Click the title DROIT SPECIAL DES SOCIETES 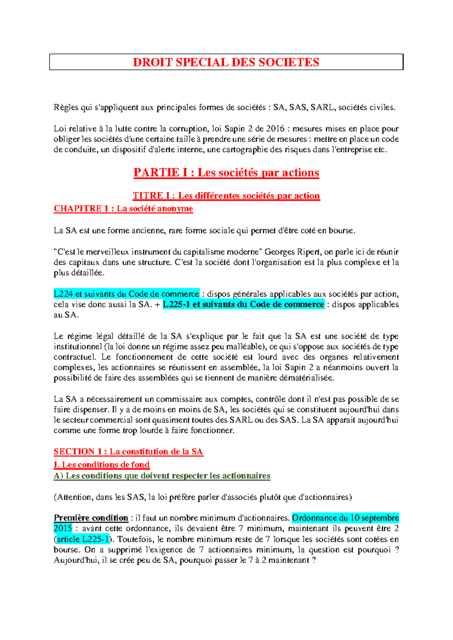coord(226,62)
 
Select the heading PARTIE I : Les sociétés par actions coord(226,173)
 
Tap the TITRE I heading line coord(226,196)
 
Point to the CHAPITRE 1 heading coord(123,209)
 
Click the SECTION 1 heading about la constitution coord(128,452)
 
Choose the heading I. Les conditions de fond coord(102,465)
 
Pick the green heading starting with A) coord(162,476)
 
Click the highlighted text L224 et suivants coord(126,294)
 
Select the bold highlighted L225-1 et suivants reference coord(243,305)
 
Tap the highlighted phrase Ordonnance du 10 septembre coord(345,518)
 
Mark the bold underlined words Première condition coord(91,518)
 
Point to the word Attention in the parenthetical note coord(74,497)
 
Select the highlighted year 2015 coord(63,528)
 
